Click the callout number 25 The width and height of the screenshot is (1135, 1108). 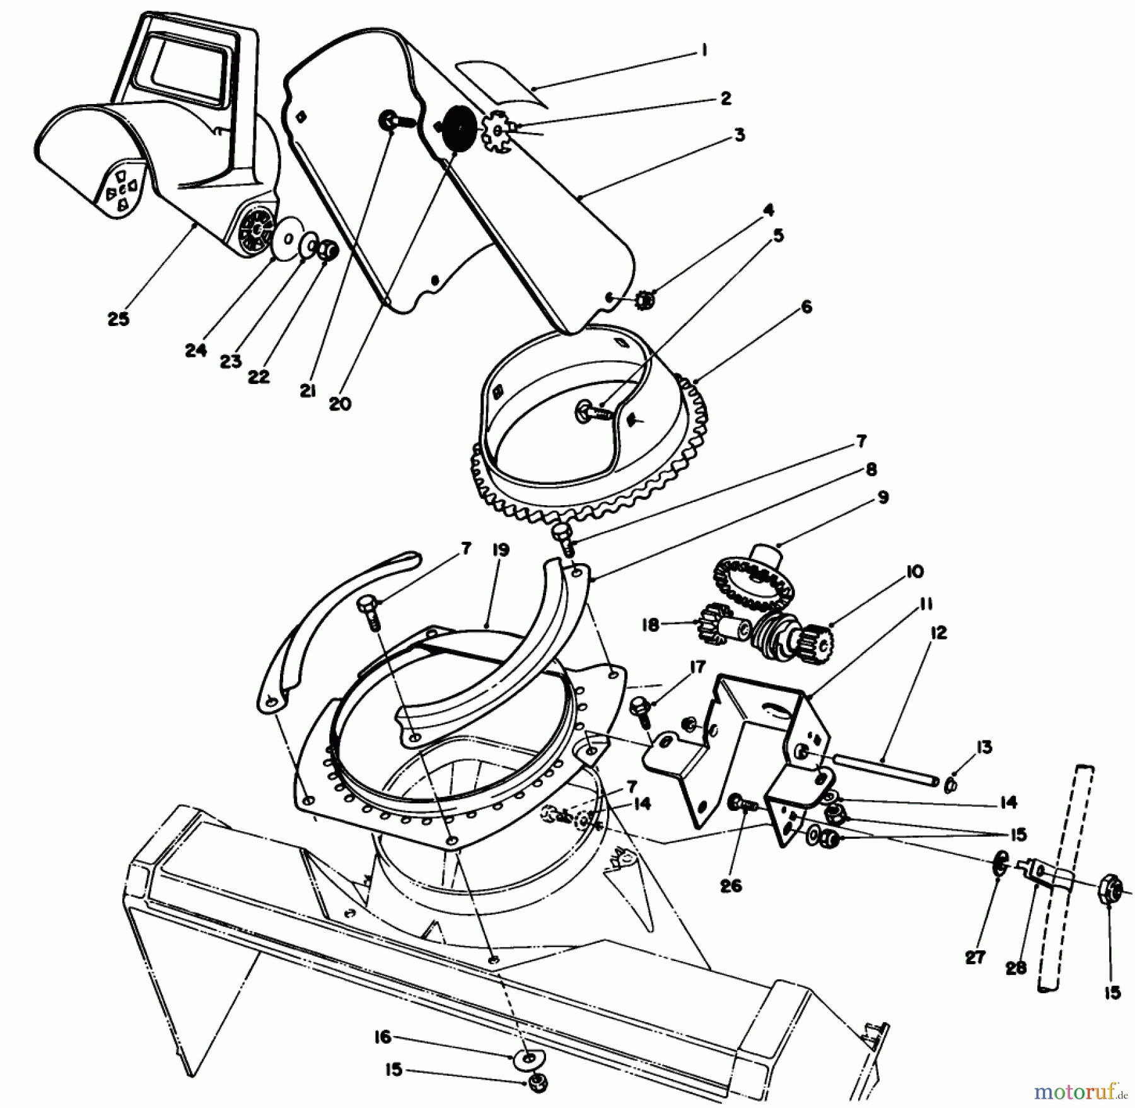point(118,318)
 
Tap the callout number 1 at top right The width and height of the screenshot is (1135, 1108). point(704,50)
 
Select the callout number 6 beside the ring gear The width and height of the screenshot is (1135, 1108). point(806,306)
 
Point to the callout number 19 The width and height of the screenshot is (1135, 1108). point(501,550)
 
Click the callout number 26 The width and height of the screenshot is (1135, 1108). point(731,886)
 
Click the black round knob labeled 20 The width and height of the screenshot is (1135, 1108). point(458,126)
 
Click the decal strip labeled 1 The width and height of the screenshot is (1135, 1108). point(501,81)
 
